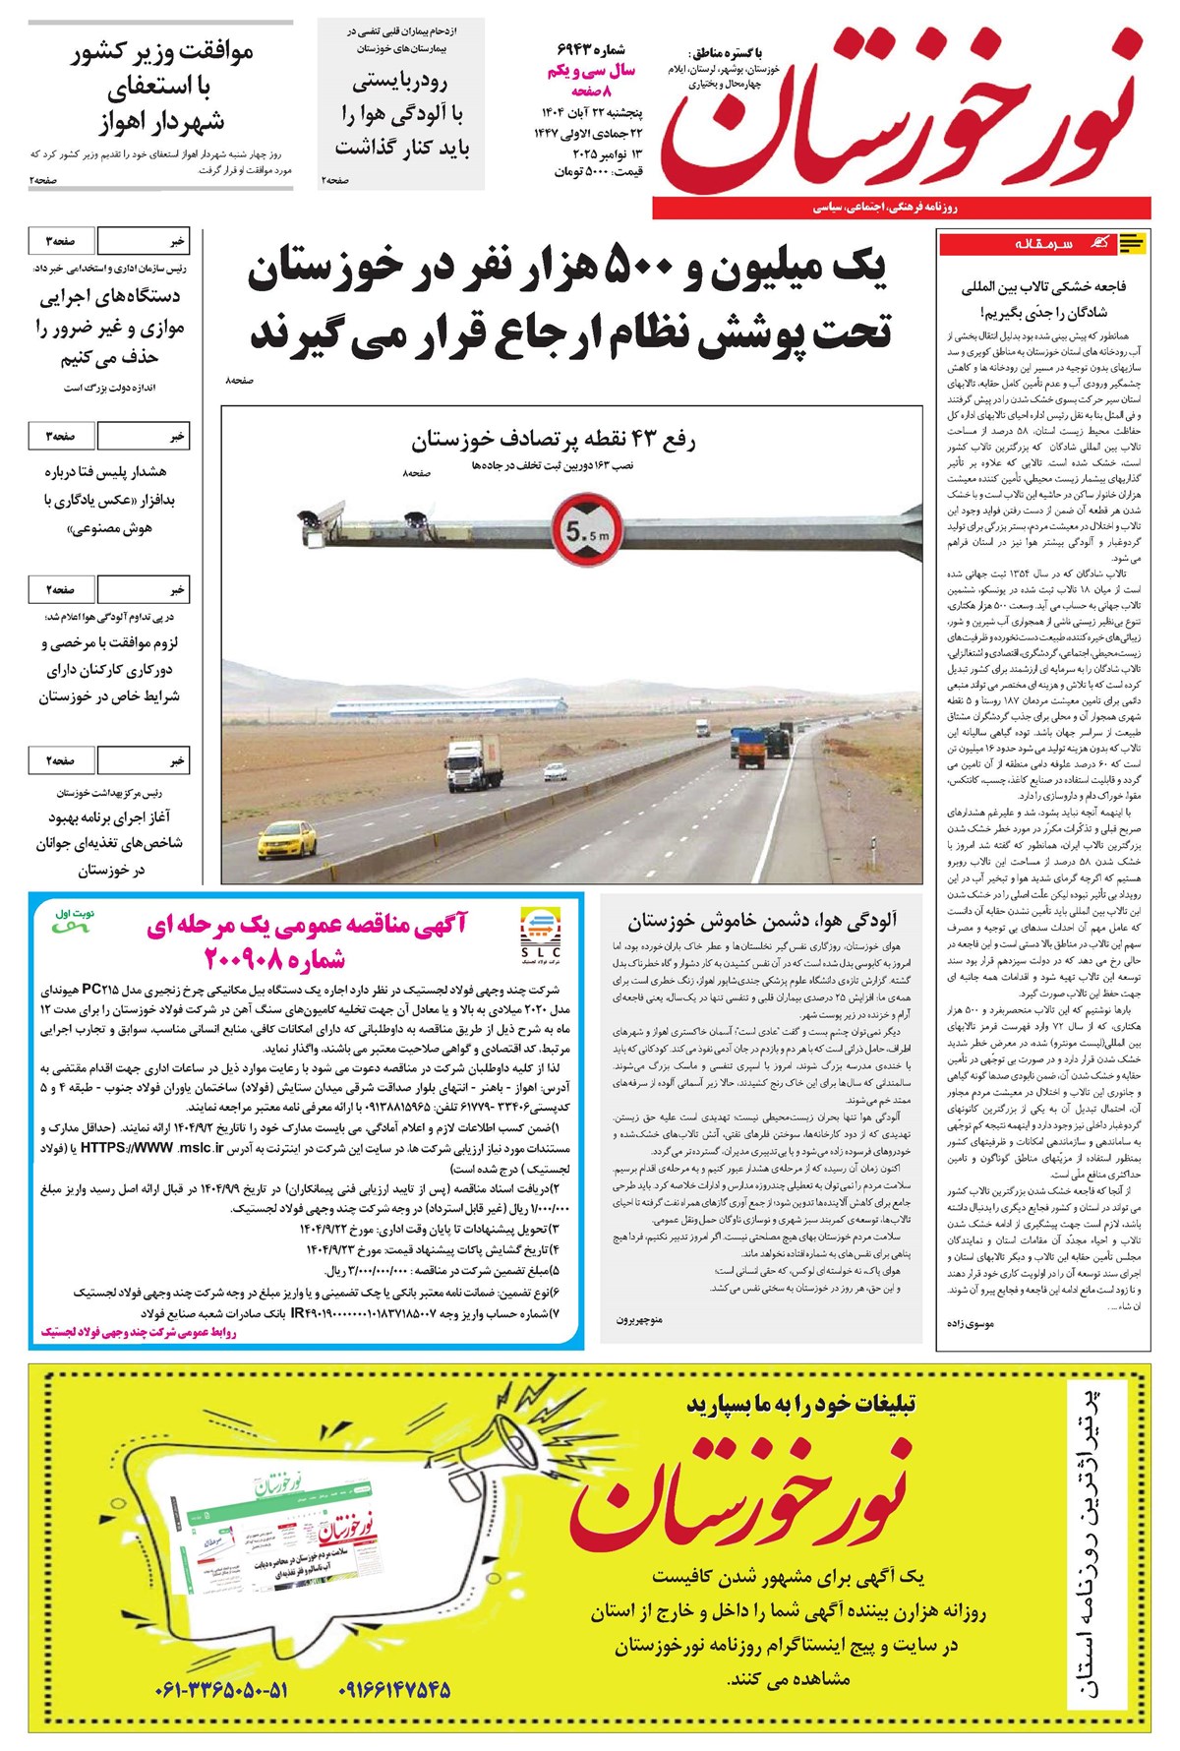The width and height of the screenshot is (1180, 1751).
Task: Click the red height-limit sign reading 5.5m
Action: tap(586, 530)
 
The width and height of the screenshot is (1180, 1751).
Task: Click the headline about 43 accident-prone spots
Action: tap(553, 440)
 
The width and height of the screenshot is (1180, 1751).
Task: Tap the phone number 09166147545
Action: tap(394, 1690)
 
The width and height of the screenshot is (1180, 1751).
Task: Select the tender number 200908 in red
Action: tap(274, 958)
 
